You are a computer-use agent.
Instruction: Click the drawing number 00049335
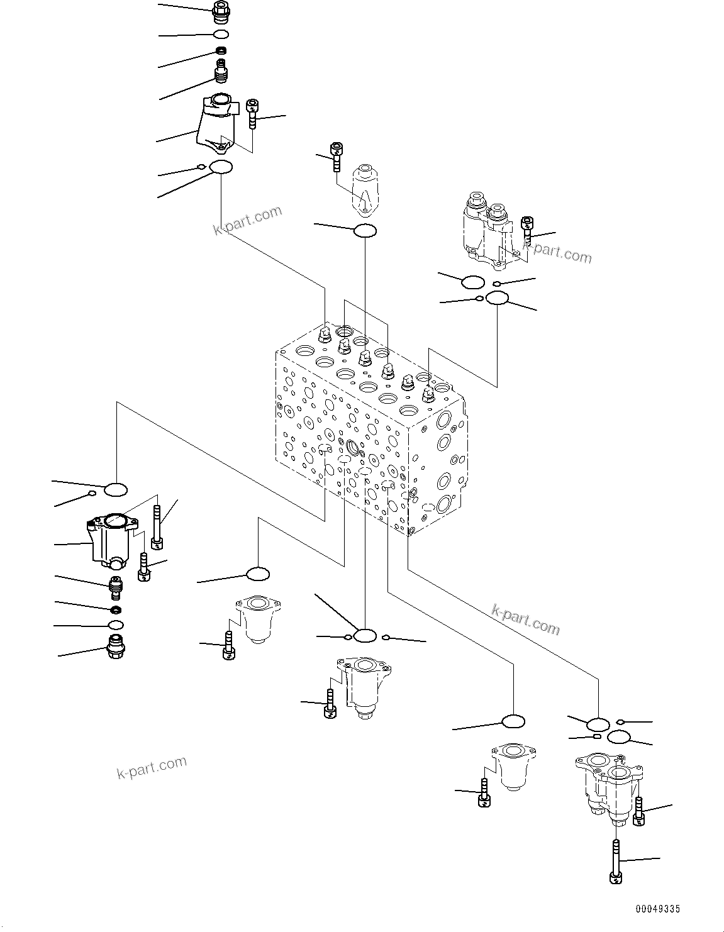point(657,908)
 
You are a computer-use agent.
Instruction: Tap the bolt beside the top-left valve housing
point(253,113)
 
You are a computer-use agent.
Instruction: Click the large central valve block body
point(371,428)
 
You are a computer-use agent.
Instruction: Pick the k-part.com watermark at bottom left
point(152,767)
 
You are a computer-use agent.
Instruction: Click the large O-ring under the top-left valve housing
point(221,167)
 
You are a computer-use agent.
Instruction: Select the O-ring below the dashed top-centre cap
point(365,231)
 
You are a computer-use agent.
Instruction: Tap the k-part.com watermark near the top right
point(557,253)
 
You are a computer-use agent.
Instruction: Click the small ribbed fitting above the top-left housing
point(221,71)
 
